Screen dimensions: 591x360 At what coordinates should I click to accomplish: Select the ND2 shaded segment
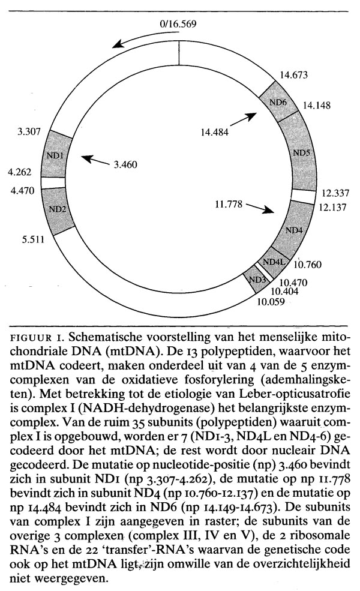tap(58, 209)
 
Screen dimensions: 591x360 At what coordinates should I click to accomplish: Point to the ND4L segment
tap(274, 262)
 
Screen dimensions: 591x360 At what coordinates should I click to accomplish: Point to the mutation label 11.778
tap(228, 204)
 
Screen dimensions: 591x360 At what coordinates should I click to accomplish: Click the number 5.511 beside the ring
tap(34, 239)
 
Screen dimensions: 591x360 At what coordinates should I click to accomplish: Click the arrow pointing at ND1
tap(96, 160)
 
